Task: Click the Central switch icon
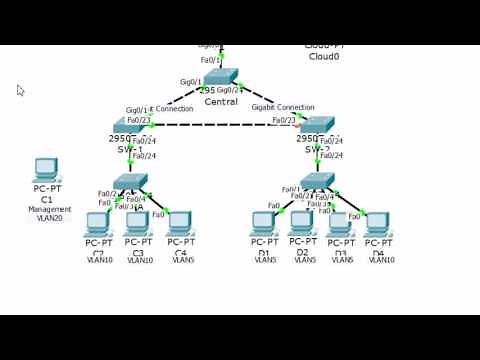[x=221, y=78]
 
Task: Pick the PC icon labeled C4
[x=180, y=222]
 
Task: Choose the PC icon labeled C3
[x=138, y=222]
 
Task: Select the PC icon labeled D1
[x=264, y=222]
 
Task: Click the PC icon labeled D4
[x=377, y=222]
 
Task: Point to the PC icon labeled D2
[x=302, y=222]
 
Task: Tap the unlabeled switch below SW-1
[x=130, y=182]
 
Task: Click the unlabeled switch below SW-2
[x=317, y=181]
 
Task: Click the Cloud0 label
[x=324, y=57]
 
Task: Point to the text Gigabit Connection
[x=282, y=107]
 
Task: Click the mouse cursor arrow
[x=20, y=90]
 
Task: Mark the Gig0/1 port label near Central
[x=190, y=82]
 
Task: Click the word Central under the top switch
[x=220, y=101]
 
